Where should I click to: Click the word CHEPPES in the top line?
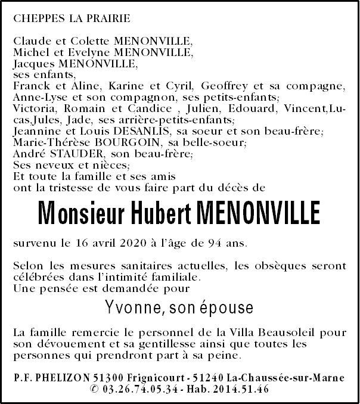40,18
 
